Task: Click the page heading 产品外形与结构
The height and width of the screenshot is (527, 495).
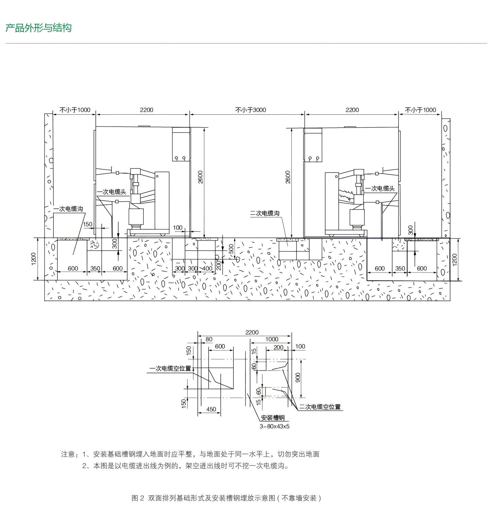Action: [x=38, y=28]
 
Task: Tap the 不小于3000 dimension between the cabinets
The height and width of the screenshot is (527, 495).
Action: [x=251, y=110]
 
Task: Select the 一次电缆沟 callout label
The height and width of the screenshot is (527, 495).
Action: [x=68, y=209]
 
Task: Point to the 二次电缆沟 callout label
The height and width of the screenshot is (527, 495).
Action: [x=265, y=213]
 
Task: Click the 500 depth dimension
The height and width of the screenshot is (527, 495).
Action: [x=231, y=249]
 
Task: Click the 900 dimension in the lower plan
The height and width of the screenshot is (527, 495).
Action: [x=298, y=378]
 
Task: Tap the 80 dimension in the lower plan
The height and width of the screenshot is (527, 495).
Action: [x=209, y=339]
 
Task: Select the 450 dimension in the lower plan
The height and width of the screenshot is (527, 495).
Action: [x=211, y=409]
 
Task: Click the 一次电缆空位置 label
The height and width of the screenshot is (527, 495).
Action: [x=170, y=368]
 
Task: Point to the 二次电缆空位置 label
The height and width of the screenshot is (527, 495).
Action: [x=320, y=407]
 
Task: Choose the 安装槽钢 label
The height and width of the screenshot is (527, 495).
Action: [x=273, y=418]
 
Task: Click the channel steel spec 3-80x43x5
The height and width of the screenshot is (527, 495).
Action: [x=274, y=426]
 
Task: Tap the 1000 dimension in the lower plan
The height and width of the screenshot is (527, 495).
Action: [x=272, y=339]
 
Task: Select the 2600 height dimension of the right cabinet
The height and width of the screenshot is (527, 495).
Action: [x=288, y=177]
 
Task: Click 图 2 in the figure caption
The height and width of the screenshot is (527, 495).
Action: [x=138, y=498]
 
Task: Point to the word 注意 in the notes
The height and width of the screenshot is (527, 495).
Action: [x=68, y=454]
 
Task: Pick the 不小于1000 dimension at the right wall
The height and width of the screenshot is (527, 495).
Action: [x=420, y=110]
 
